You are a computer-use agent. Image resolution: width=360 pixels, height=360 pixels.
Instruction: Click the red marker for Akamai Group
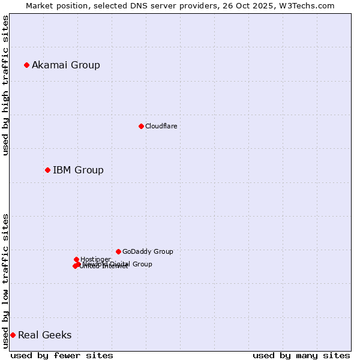pos(26,65)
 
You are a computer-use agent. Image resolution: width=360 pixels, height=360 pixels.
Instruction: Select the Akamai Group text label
pos(66,65)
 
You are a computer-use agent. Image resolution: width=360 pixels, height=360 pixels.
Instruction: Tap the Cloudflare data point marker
pos(141,126)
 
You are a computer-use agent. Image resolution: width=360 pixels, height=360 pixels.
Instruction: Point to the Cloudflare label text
pos(161,126)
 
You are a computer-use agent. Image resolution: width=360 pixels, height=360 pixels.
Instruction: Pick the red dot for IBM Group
pos(47,170)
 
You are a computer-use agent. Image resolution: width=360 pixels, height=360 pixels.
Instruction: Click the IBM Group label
pos(78,170)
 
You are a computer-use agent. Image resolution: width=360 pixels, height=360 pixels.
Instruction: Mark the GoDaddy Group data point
pos(118,251)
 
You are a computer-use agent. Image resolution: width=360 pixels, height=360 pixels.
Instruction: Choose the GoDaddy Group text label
pos(148,251)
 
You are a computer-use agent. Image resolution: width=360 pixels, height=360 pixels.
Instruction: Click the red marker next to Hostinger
pos(76,259)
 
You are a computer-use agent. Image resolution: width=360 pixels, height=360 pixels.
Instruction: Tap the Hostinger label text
pos(95,259)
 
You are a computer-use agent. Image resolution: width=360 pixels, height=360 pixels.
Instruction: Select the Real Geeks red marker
pos(13,335)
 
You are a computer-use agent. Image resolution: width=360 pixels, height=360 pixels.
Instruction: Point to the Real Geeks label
pos(44,335)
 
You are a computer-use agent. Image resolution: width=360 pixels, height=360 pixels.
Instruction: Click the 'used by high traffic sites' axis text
pos(6,85)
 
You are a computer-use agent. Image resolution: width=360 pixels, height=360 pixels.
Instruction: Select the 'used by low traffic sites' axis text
pos(6,280)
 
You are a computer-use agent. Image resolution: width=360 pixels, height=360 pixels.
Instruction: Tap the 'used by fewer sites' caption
pos(62,355)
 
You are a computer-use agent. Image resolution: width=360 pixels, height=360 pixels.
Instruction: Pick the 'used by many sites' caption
pos(301,355)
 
